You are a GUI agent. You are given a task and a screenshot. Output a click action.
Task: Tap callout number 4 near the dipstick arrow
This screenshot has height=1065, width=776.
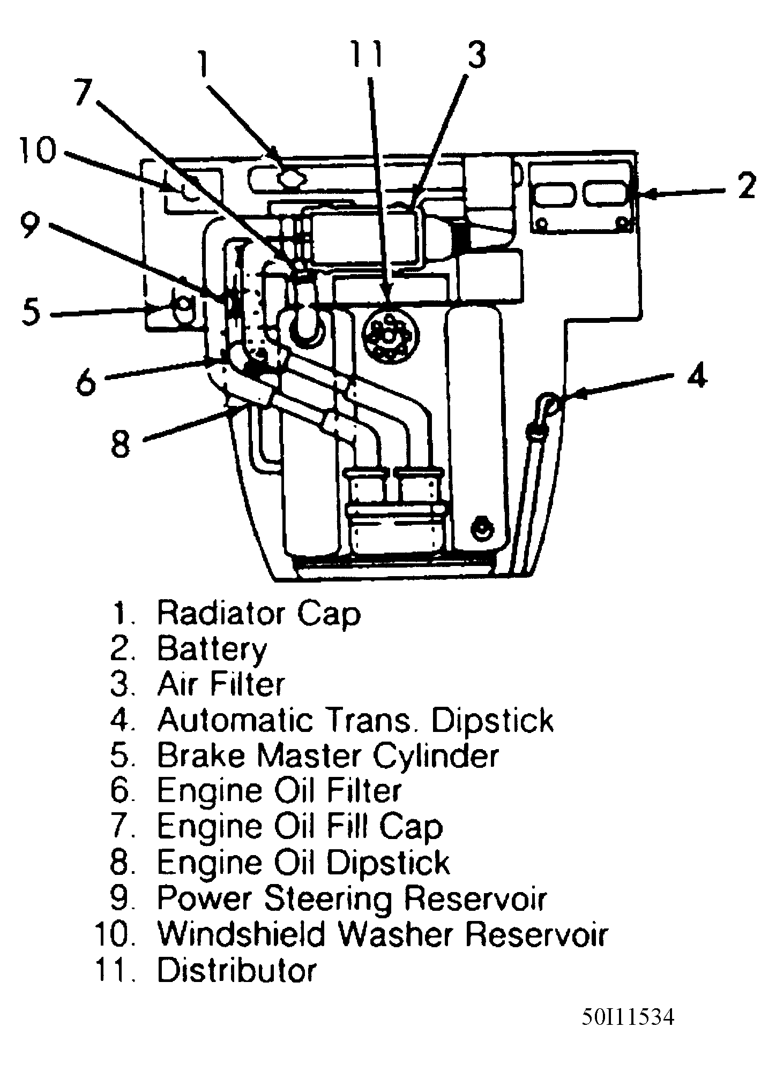coord(696,376)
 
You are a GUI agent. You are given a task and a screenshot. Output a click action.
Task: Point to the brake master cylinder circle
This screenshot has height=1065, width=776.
coord(183,305)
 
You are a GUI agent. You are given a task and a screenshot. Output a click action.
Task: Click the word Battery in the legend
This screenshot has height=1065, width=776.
coord(211,649)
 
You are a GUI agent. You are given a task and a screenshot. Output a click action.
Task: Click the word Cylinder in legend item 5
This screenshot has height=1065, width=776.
coord(435,756)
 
